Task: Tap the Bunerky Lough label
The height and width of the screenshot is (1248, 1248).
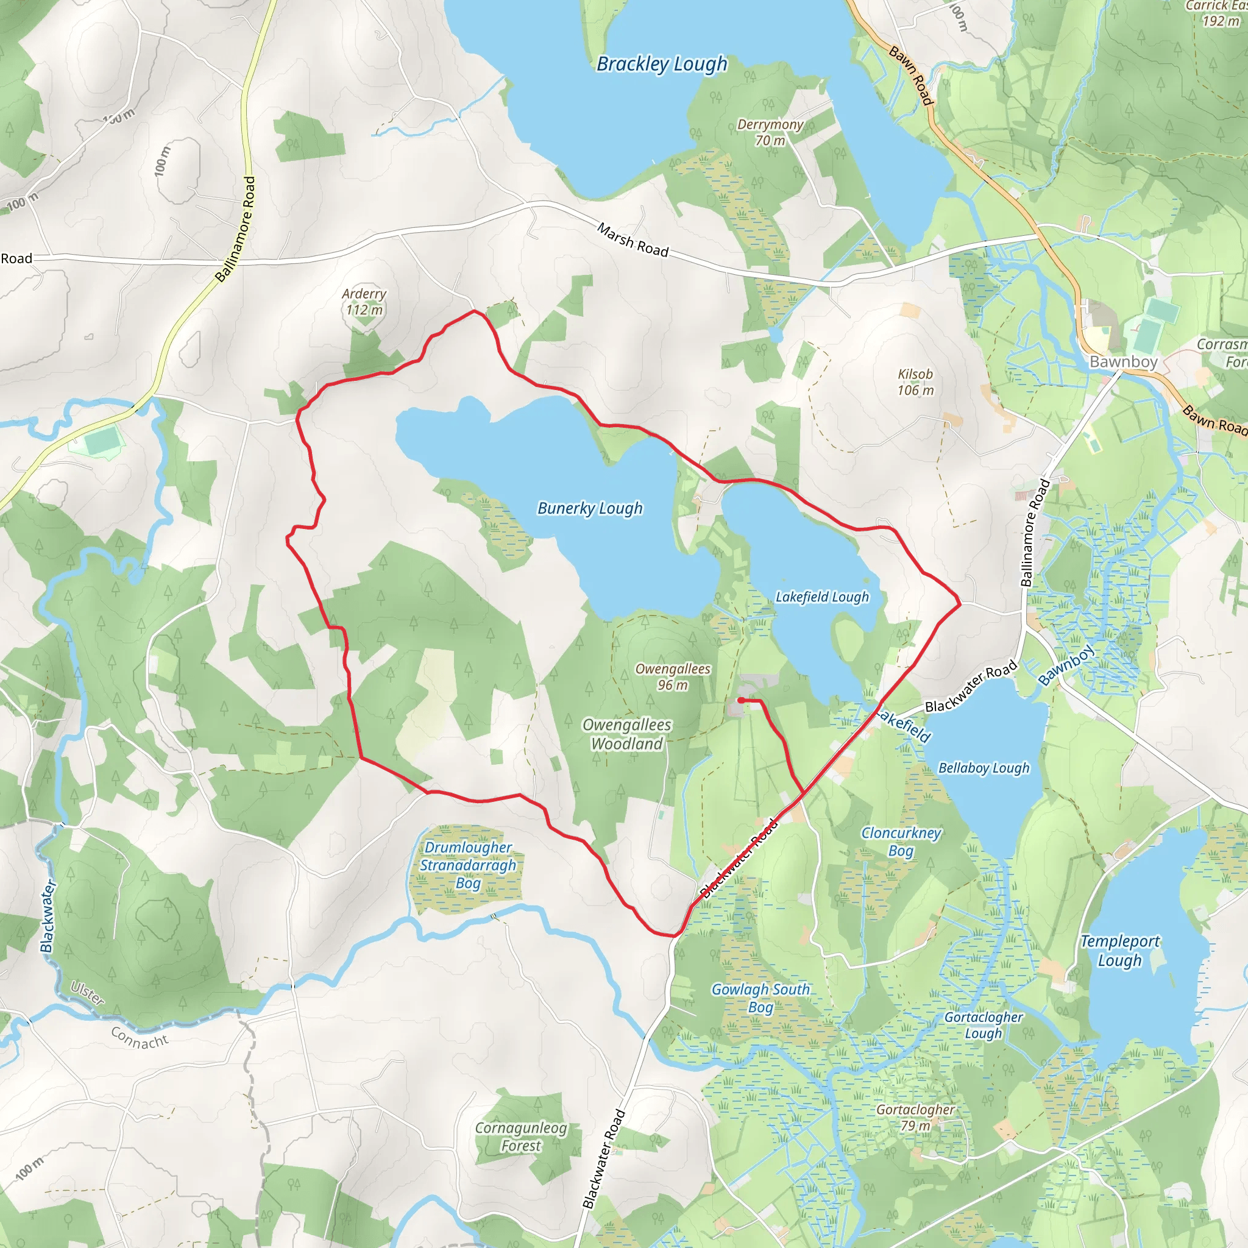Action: [590, 508]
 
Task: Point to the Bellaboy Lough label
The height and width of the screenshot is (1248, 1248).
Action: [983, 768]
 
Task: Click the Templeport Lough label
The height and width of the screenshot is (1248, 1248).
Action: [1119, 951]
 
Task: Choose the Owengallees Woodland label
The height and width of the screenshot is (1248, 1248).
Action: [626, 734]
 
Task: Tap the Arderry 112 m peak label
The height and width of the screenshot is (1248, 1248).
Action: [364, 302]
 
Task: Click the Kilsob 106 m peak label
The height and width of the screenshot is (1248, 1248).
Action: [915, 381]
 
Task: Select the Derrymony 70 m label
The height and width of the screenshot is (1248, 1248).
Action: [770, 132]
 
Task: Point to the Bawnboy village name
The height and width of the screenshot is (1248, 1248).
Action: [1123, 362]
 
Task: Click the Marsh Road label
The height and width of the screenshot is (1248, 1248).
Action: [633, 239]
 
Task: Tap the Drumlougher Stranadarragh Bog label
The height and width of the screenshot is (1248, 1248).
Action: [469, 865]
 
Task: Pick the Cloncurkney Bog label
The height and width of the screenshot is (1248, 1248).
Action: [901, 842]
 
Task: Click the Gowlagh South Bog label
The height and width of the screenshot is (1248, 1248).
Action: [760, 998]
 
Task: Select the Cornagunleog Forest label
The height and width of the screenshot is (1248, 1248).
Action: [520, 1137]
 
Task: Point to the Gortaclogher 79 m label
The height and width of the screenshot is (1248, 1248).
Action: [915, 1118]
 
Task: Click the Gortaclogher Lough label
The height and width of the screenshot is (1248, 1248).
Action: [983, 1025]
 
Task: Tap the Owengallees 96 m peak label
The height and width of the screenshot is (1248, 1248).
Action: [673, 676]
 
